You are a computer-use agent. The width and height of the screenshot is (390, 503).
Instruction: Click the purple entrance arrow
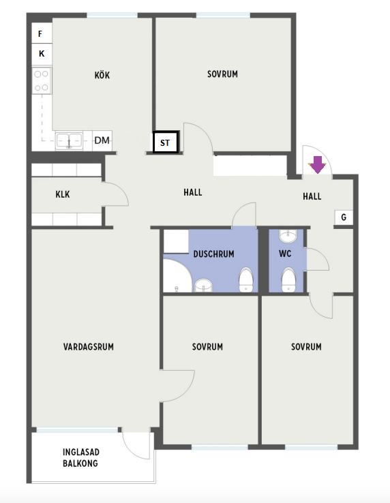(x=317, y=164)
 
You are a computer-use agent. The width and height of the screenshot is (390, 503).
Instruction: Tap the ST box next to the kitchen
(x=165, y=142)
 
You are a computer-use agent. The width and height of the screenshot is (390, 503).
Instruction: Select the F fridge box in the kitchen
(x=42, y=33)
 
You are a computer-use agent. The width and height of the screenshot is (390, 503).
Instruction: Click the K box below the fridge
(x=42, y=54)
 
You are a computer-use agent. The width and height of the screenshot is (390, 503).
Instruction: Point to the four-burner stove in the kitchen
(x=42, y=80)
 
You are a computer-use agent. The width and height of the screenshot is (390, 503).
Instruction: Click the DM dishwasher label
(x=102, y=140)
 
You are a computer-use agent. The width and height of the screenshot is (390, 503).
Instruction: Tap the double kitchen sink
(x=69, y=141)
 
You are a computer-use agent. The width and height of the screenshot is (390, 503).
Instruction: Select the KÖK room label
(x=102, y=76)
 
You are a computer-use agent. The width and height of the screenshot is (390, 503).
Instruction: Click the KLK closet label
(x=63, y=194)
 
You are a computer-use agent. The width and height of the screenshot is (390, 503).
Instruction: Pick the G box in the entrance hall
(x=344, y=217)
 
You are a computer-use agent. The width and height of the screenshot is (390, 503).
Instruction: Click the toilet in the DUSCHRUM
(x=246, y=279)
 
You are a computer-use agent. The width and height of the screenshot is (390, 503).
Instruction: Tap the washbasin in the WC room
(x=288, y=236)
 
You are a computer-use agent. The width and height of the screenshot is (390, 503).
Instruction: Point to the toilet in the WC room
(x=288, y=280)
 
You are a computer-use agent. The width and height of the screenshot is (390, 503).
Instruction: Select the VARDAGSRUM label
(x=89, y=347)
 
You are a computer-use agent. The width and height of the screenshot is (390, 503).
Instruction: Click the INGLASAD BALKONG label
(x=80, y=458)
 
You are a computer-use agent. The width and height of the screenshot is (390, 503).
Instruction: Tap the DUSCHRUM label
(x=214, y=254)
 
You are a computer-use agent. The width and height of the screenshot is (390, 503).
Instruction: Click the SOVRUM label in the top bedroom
(x=222, y=74)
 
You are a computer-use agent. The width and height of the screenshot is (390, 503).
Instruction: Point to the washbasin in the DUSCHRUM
(x=203, y=285)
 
